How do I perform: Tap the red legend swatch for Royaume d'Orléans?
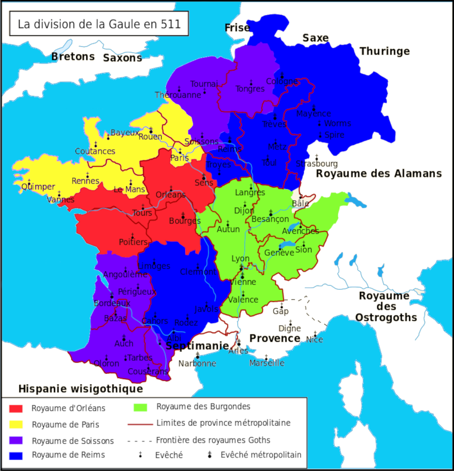[x=16, y=408]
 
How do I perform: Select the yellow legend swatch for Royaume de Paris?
[x=16, y=424]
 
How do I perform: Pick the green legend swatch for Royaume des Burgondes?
[x=140, y=407]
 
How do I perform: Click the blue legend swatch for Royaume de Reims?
[x=16, y=455]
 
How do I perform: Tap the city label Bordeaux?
[x=112, y=304]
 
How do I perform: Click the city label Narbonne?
[x=197, y=363]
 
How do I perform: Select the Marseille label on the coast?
[x=267, y=363]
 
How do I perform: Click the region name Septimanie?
[x=197, y=346]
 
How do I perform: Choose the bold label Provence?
[x=275, y=338]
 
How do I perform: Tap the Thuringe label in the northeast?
[x=384, y=51]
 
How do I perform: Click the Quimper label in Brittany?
[x=38, y=187]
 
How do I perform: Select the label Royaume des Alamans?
[x=379, y=174]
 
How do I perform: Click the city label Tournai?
[x=204, y=83]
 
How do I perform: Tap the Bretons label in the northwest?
[x=73, y=57]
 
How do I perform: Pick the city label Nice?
[x=314, y=339]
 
